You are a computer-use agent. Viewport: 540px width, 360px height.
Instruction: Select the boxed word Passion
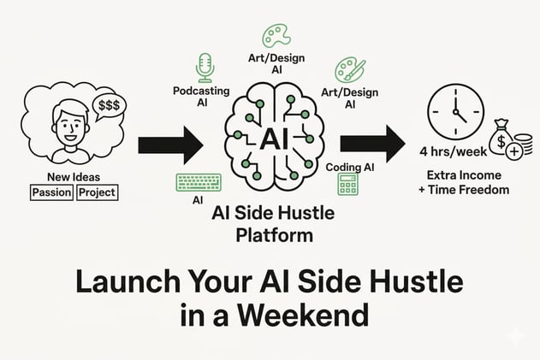51,192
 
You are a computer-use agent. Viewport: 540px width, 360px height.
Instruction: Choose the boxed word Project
97,192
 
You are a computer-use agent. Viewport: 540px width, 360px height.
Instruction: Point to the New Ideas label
74,177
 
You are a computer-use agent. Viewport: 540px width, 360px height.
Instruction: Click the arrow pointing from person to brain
171,145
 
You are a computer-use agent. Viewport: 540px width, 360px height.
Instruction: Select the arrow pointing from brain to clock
372,144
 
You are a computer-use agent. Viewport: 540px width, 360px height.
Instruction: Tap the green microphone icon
205,68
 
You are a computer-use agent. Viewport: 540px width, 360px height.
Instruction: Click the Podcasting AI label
201,97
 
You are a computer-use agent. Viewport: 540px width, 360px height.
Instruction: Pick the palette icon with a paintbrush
349,70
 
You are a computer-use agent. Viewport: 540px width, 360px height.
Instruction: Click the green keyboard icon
199,182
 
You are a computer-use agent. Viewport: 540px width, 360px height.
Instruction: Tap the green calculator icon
347,184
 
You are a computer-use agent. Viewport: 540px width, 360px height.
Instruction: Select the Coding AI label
349,168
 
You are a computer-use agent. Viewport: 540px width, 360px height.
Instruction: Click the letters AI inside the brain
274,139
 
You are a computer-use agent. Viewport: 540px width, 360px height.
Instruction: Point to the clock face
455,112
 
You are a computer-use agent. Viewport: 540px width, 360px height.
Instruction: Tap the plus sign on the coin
514,151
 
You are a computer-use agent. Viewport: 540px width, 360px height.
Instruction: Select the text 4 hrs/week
454,151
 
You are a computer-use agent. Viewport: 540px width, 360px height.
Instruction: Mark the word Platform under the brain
275,236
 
